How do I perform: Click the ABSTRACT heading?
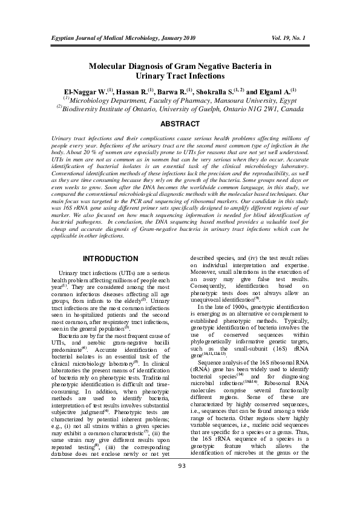[x=180, y=124]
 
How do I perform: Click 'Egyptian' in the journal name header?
[x=63, y=37]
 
